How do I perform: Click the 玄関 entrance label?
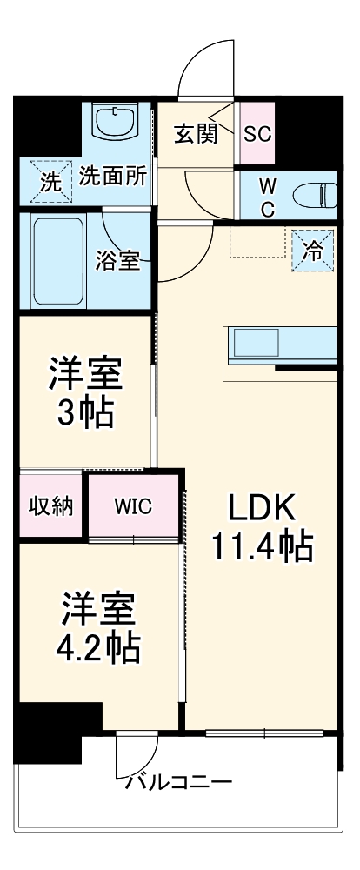coord(195,135)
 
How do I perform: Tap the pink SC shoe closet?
coord(257,134)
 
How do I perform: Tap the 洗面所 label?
coord(112,174)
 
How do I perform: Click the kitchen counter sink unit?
coord(280,345)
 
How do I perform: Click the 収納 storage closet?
coord(50,506)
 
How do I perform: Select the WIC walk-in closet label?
coord(133,506)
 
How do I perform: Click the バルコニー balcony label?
coord(178,781)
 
